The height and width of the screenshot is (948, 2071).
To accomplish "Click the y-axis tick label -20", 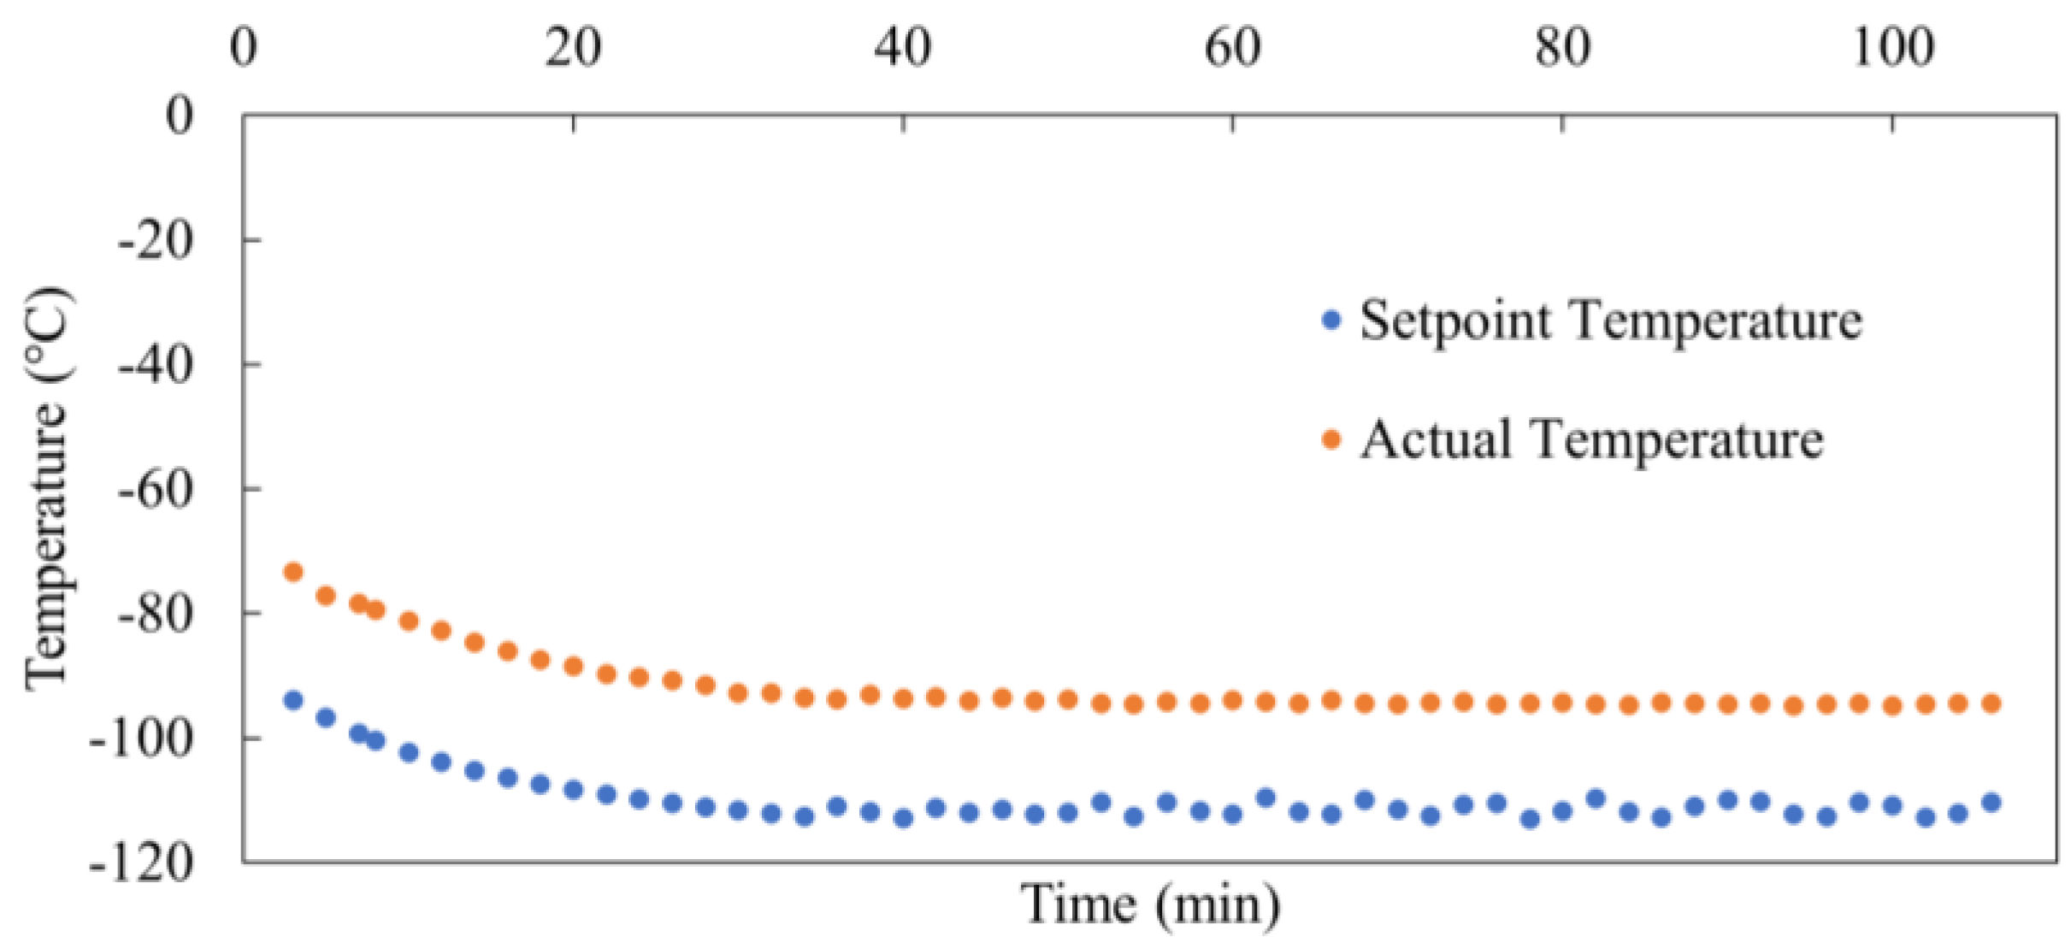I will coord(155,241).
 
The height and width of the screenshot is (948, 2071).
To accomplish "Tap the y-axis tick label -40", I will coord(155,366).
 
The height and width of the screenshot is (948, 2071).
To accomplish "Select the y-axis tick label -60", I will coord(155,491).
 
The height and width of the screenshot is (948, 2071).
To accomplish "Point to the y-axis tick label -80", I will coord(155,615).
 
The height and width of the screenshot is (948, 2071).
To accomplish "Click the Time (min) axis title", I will coord(1150,904).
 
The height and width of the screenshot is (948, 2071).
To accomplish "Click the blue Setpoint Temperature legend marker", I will coord(1331,321).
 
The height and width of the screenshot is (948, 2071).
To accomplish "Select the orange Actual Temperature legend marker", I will coord(1331,440).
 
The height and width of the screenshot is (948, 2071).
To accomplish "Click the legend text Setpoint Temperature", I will coord(1611,321).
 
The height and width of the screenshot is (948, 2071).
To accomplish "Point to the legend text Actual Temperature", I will coord(1592,440).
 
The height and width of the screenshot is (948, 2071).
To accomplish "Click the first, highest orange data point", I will coord(293,572).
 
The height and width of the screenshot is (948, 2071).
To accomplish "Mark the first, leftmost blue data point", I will coord(293,701).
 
